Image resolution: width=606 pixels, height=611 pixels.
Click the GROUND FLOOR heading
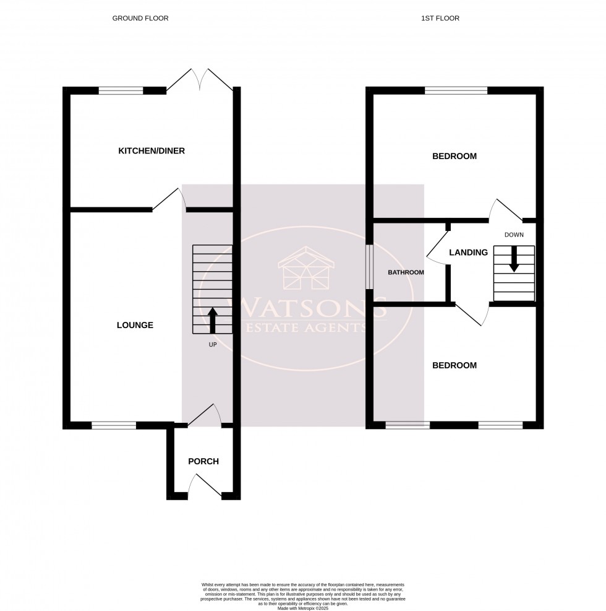(140, 19)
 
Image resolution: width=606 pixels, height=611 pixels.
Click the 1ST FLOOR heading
(440, 19)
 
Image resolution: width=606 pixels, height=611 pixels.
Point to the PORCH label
(203, 461)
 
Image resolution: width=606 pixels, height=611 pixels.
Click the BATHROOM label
(406, 272)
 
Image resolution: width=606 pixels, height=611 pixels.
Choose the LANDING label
(468, 252)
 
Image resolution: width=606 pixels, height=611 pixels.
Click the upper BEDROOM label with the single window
(454, 156)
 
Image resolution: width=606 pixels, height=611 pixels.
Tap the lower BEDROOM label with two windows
(454, 365)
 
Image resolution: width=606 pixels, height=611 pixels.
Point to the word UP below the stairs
(212, 344)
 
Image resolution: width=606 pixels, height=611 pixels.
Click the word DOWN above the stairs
(514, 235)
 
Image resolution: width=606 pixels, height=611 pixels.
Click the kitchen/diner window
(121, 90)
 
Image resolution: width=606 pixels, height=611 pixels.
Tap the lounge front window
(114, 425)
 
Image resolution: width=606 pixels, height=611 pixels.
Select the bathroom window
(369, 267)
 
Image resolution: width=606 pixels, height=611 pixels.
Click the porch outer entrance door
(205, 487)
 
